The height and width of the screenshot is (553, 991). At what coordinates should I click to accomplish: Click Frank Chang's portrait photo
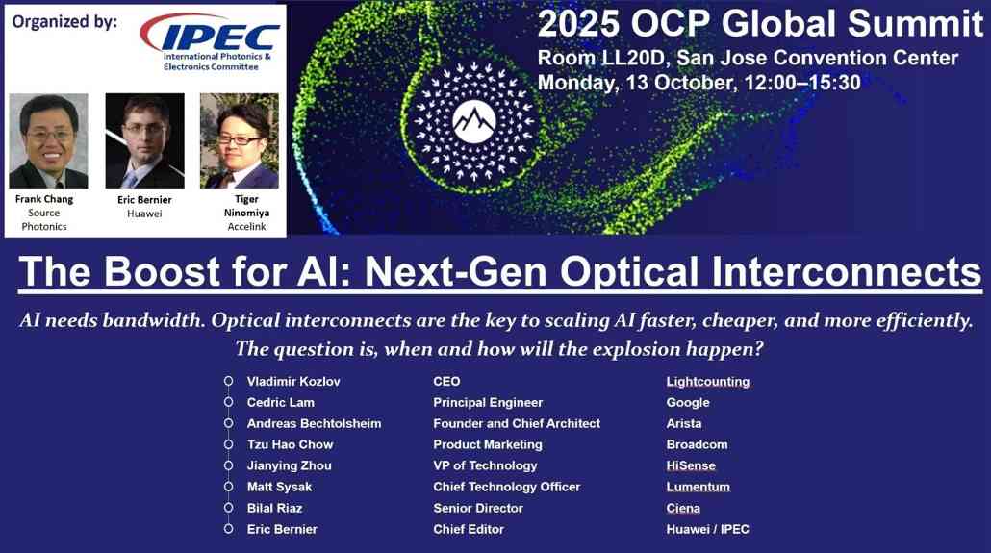click(48, 140)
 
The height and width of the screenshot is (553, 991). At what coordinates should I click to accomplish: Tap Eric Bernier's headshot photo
click(144, 140)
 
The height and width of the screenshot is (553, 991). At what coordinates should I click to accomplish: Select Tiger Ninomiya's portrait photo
click(239, 140)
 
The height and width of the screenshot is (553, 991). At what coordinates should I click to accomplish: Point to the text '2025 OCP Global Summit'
click(760, 23)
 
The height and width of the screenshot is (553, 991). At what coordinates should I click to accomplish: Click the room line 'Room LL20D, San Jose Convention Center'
click(748, 58)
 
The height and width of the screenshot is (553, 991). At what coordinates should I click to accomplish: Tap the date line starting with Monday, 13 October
click(699, 83)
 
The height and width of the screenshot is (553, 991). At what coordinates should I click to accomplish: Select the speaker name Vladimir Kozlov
click(293, 382)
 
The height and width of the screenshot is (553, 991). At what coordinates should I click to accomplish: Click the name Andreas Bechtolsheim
click(314, 424)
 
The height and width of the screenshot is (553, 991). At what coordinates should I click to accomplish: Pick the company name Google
click(688, 403)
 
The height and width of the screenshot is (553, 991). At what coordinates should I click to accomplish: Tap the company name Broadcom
click(697, 445)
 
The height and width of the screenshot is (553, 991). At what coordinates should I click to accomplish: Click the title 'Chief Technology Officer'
click(507, 488)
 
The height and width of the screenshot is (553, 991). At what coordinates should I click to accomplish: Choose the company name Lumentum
click(699, 488)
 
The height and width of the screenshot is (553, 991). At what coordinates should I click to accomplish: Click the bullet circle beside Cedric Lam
click(228, 403)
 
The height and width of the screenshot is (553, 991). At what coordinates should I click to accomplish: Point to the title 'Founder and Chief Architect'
click(517, 424)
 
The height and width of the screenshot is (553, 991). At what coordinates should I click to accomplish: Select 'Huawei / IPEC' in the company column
click(708, 530)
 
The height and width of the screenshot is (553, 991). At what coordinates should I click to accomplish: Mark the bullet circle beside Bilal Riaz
click(228, 508)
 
